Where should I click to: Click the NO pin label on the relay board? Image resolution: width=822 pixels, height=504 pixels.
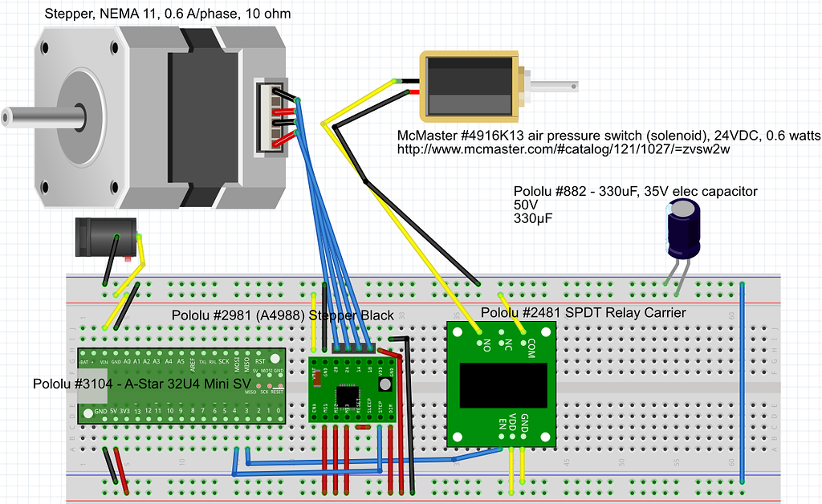485,347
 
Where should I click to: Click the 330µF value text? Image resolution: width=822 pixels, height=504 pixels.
535,218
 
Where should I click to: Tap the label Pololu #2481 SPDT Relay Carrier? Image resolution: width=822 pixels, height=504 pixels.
584,312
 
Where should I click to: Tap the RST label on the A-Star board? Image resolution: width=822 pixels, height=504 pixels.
260,361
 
